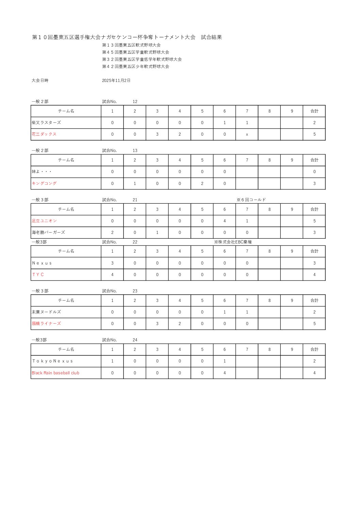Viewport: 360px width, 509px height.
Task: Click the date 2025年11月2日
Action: (116, 81)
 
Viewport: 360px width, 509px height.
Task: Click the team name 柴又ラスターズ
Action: (46, 123)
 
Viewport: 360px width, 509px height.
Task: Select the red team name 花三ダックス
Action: (44, 134)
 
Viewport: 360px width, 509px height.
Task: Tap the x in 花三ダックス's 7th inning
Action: (247, 135)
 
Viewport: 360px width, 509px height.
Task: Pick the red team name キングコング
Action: (44, 184)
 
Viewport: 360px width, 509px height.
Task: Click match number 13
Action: (135, 151)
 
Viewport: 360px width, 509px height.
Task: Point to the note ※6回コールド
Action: (251, 200)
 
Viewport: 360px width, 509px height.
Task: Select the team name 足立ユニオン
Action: (44, 221)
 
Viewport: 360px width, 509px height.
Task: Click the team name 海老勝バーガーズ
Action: (48, 233)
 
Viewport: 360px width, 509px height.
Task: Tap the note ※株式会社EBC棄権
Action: (233, 242)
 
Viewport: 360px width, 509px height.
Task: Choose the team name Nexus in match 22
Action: (42, 263)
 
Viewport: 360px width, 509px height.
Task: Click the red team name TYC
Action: (38, 275)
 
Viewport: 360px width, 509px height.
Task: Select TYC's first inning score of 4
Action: (112, 275)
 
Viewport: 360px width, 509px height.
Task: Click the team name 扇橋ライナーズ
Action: (46, 324)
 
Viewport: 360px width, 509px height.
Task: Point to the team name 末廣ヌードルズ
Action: (46, 312)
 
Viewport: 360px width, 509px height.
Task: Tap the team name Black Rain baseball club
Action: (55, 373)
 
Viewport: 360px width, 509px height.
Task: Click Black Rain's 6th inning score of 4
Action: (225, 373)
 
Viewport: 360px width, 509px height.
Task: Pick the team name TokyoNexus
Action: (52, 361)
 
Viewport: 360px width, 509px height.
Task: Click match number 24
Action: (135, 340)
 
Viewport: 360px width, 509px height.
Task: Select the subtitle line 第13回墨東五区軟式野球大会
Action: (131, 45)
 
